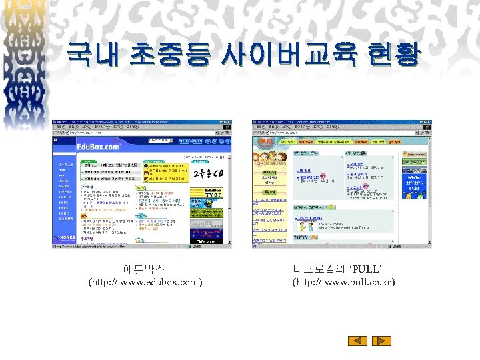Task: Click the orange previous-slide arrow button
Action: tap(359, 341)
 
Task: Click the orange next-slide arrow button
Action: tap(377, 341)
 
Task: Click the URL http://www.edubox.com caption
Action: tap(145, 282)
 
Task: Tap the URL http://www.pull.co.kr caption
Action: tap(343, 282)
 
